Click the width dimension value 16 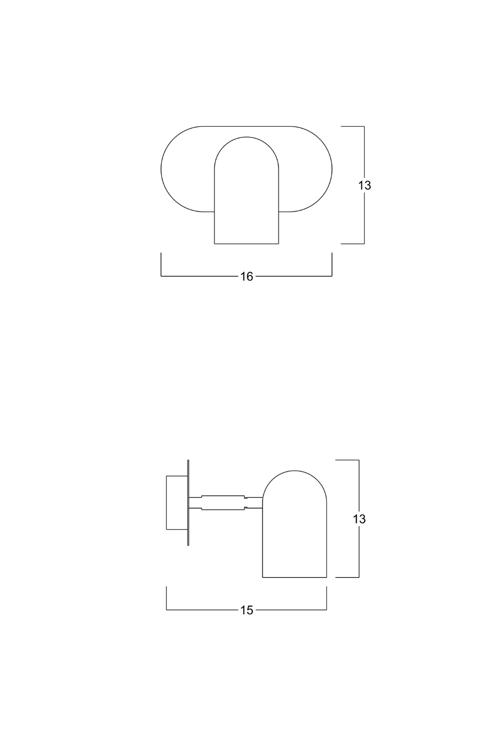point(246,276)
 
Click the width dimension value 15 point(246,610)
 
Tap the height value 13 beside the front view point(364,185)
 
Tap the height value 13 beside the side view point(359,519)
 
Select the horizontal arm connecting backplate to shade point(225,503)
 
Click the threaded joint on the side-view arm point(246,503)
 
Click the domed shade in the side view point(294,524)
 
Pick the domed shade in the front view point(246,190)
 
